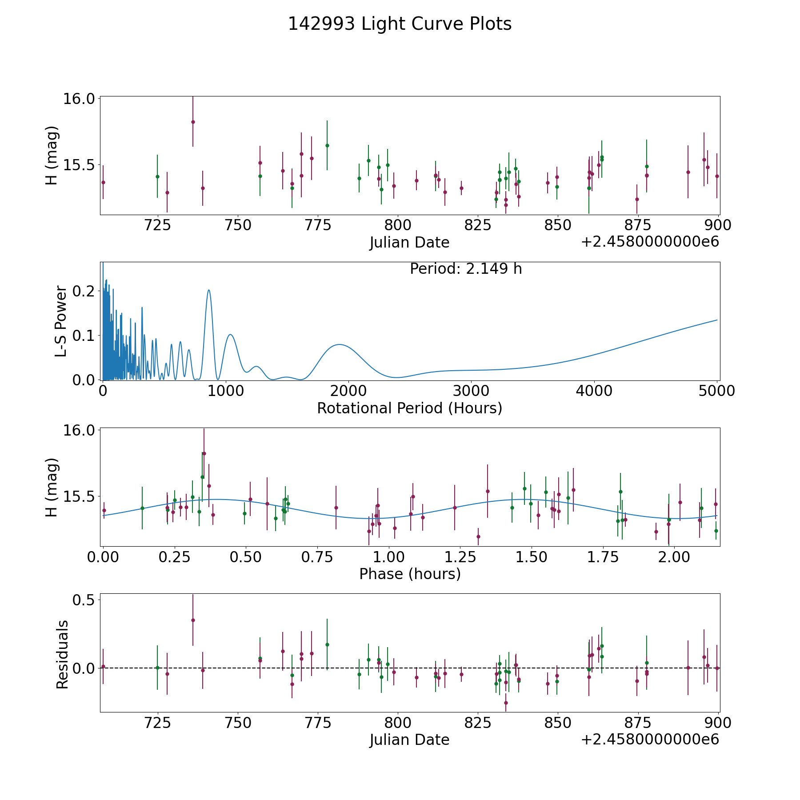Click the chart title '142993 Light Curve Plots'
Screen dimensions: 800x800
(400, 24)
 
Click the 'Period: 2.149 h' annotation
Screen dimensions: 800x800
(465, 269)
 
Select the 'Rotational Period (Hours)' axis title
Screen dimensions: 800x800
(409, 408)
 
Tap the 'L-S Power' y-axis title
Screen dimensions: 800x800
(61, 321)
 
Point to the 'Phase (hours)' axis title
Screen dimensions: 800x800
(409, 574)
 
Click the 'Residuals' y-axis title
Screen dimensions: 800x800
(62, 654)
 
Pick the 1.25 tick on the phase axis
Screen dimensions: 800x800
(532, 557)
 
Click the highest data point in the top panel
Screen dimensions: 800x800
(193, 122)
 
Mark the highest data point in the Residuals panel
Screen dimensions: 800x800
(193, 620)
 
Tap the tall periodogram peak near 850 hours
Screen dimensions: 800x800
(208, 290)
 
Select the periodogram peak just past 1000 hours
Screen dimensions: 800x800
(230, 335)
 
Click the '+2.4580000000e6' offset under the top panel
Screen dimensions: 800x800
(650, 242)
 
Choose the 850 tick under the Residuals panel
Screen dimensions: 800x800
(557, 723)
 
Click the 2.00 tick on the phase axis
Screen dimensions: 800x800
(674, 557)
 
